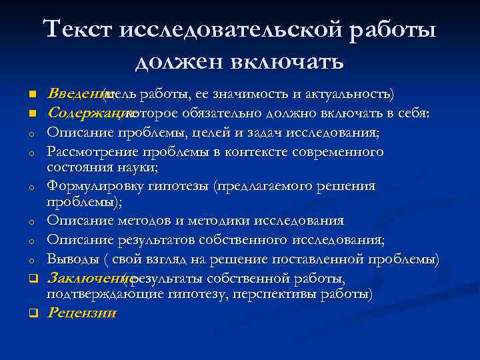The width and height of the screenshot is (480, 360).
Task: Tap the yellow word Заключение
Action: click(x=85, y=277)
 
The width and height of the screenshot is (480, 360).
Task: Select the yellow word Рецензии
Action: click(x=82, y=312)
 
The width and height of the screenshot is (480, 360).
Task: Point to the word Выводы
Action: click(x=72, y=259)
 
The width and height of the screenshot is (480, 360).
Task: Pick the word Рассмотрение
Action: click(x=91, y=152)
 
